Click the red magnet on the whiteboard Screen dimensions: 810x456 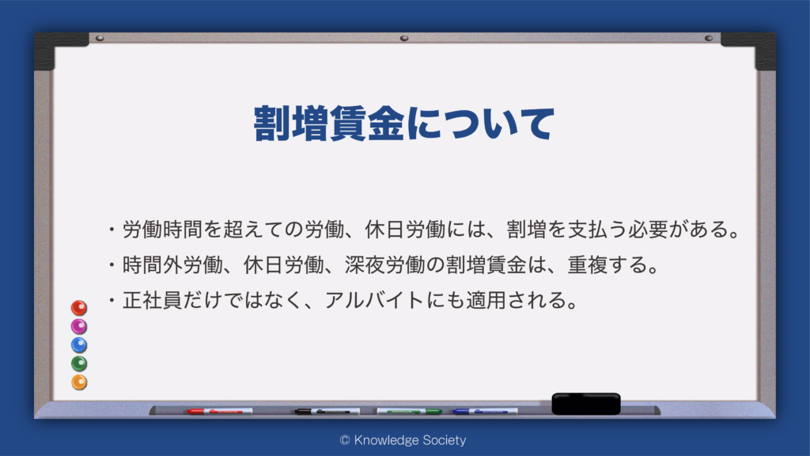(x=79, y=308)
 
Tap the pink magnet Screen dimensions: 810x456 (x=79, y=327)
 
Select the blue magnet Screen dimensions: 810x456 (x=79, y=345)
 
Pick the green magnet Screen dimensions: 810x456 (x=79, y=364)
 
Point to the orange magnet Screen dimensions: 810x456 (x=79, y=382)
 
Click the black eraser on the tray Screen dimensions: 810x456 (x=586, y=404)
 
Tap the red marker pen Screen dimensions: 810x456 (x=220, y=412)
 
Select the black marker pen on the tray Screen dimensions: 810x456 (x=327, y=412)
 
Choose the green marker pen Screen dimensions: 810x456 (x=409, y=412)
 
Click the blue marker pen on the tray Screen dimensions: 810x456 (x=485, y=412)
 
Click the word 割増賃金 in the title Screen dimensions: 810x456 (x=328, y=123)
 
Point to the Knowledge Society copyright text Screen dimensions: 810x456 (x=403, y=440)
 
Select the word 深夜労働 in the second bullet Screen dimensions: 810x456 (x=385, y=265)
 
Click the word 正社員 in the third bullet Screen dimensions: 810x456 (x=153, y=300)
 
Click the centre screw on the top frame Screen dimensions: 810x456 (x=404, y=38)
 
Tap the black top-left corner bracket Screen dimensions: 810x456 (x=61, y=51)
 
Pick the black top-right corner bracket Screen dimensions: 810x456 (x=748, y=51)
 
